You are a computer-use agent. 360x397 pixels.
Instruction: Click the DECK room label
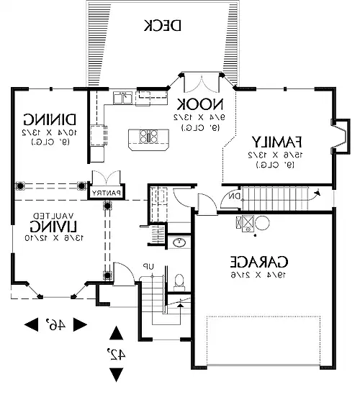click(x=162, y=26)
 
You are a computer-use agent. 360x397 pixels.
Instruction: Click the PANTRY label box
click(x=106, y=192)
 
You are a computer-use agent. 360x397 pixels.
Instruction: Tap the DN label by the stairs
click(x=233, y=196)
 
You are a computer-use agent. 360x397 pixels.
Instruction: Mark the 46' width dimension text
click(x=58, y=324)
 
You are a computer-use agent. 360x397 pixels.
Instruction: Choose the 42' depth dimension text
click(x=115, y=355)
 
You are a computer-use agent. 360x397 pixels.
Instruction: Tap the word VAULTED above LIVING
click(x=53, y=215)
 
